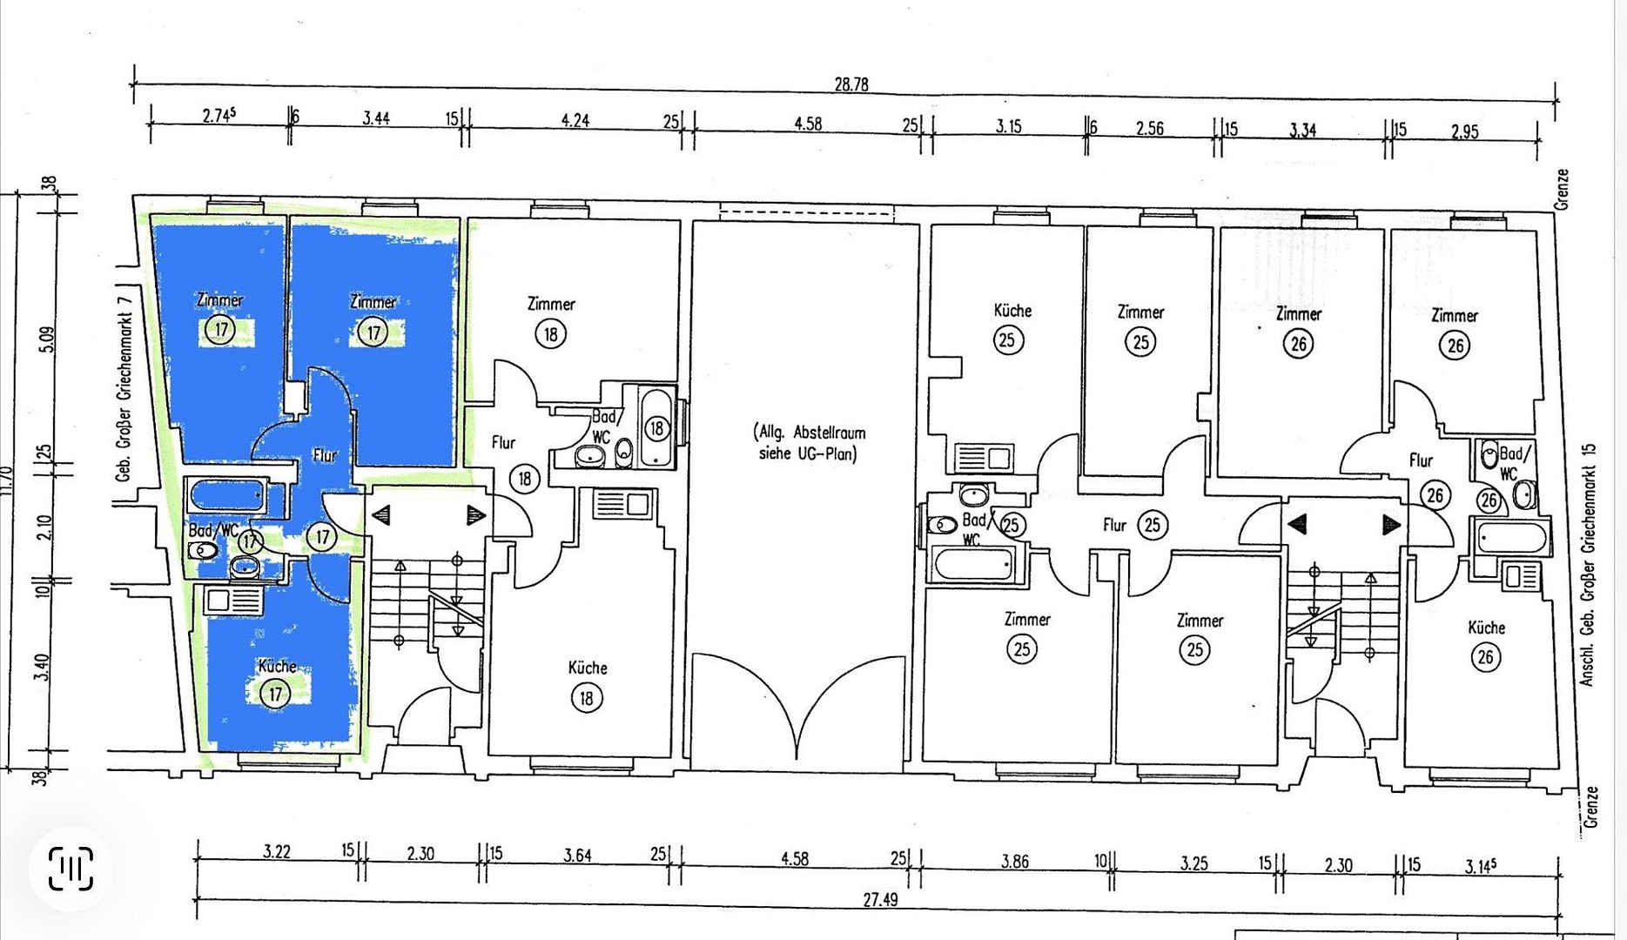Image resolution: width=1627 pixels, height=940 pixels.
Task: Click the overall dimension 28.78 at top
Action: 851,84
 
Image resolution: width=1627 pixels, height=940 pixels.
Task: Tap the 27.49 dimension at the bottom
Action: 880,899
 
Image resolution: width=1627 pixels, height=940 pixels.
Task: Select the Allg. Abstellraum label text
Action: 810,443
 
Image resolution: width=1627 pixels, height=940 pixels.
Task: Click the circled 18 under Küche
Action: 587,697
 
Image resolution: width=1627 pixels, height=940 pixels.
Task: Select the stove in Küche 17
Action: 234,600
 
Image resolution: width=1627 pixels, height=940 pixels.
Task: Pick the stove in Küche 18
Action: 622,504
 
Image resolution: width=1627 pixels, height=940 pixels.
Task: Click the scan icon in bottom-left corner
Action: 71,869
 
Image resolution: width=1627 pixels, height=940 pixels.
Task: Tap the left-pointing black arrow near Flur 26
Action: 1297,524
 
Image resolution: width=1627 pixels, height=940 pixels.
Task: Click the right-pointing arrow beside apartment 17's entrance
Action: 475,515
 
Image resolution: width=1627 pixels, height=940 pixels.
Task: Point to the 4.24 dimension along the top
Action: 575,120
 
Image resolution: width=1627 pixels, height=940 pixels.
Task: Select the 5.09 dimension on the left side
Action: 48,339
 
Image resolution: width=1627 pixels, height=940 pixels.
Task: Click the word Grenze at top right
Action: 1563,189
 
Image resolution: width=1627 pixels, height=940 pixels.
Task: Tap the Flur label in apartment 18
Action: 503,442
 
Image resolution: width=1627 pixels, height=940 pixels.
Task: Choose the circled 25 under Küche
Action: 1006,339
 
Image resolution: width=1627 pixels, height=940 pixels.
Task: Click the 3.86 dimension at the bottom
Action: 1014,862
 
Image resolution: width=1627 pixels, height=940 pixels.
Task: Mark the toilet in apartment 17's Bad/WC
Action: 203,550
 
